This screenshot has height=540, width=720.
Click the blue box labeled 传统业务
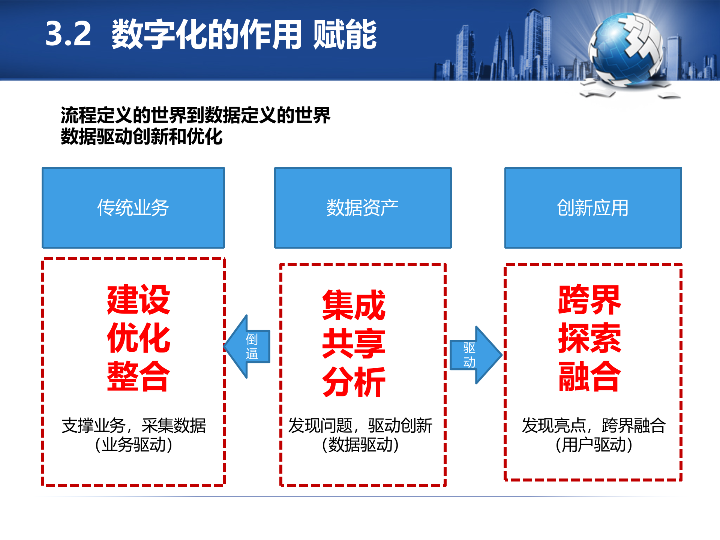tap(133, 208)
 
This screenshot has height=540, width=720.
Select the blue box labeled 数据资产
tap(363, 208)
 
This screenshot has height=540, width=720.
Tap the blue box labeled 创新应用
tap(593, 208)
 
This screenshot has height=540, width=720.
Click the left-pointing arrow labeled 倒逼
tap(248, 346)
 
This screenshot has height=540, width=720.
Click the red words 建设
tap(138, 300)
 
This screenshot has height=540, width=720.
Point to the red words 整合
tap(138, 376)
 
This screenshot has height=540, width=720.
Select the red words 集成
tap(354, 305)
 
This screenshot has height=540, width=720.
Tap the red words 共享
tap(354, 343)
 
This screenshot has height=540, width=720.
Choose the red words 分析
tap(354, 382)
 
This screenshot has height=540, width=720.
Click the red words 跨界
tap(589, 300)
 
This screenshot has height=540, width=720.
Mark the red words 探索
tap(589, 338)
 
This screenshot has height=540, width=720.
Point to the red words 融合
tap(589, 376)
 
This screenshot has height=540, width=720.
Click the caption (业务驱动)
tap(133, 445)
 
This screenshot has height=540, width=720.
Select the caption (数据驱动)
tap(360, 445)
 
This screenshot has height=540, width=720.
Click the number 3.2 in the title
tap(68, 34)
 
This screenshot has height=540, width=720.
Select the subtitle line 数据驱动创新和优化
tap(142, 136)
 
